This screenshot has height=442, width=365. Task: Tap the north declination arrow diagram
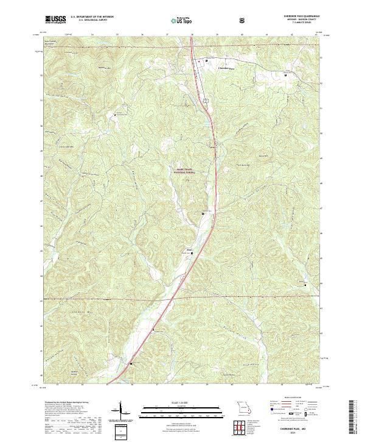coord(120,412)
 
